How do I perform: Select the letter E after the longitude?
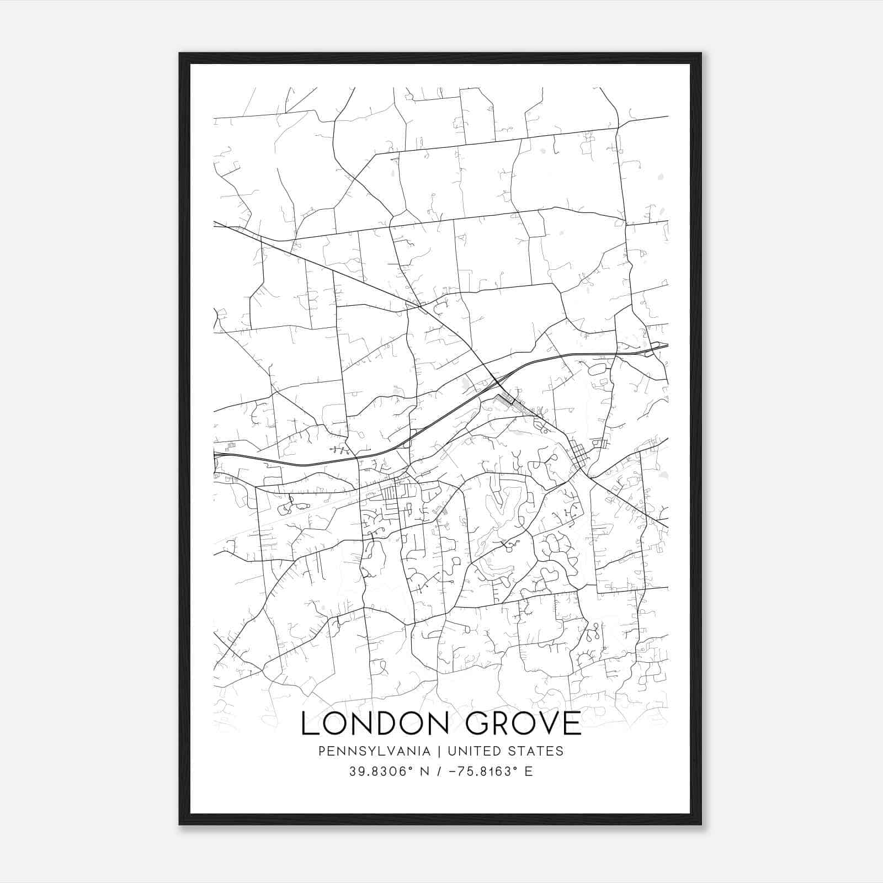(529, 772)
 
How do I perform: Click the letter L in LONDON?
(310, 724)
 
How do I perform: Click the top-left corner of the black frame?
(180, 54)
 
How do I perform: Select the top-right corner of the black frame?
(701, 54)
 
